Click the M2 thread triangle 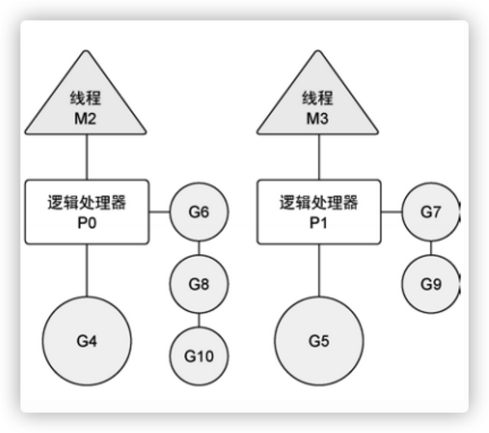pos(86,102)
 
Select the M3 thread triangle pos(318,102)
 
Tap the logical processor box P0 pos(86,212)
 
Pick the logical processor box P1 pos(318,212)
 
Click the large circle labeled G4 pos(86,340)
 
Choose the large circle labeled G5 pos(319,340)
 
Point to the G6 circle pos(199,213)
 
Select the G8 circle pos(199,284)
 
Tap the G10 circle pos(199,355)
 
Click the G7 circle pos(430,213)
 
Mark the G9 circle pos(430,284)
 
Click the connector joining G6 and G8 pos(199,248)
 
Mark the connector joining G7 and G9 pos(430,248)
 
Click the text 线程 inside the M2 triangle pos(86,99)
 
